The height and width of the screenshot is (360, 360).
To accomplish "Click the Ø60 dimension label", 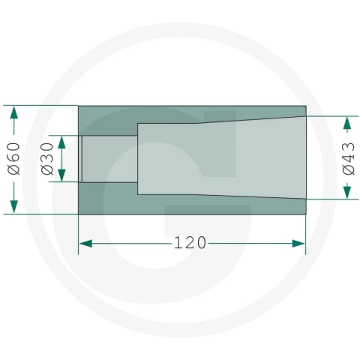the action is (x=13, y=158).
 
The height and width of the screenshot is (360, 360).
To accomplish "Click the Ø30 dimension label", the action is (x=47, y=158).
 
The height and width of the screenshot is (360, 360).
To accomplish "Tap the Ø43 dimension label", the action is (x=348, y=158).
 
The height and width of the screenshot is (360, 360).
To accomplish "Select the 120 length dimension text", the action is (x=190, y=243).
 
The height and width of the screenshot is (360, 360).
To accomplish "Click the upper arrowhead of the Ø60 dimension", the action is (x=14, y=112).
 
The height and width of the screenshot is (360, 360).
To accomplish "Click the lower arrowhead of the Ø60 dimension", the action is (x=14, y=207).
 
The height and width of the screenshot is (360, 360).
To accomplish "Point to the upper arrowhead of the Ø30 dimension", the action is (x=61, y=142).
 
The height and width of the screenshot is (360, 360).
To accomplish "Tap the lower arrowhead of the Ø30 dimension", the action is (x=61, y=175).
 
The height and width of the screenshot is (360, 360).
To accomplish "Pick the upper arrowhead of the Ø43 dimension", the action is (x=346, y=123).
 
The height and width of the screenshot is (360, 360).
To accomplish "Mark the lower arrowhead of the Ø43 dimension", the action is (x=346, y=192).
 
